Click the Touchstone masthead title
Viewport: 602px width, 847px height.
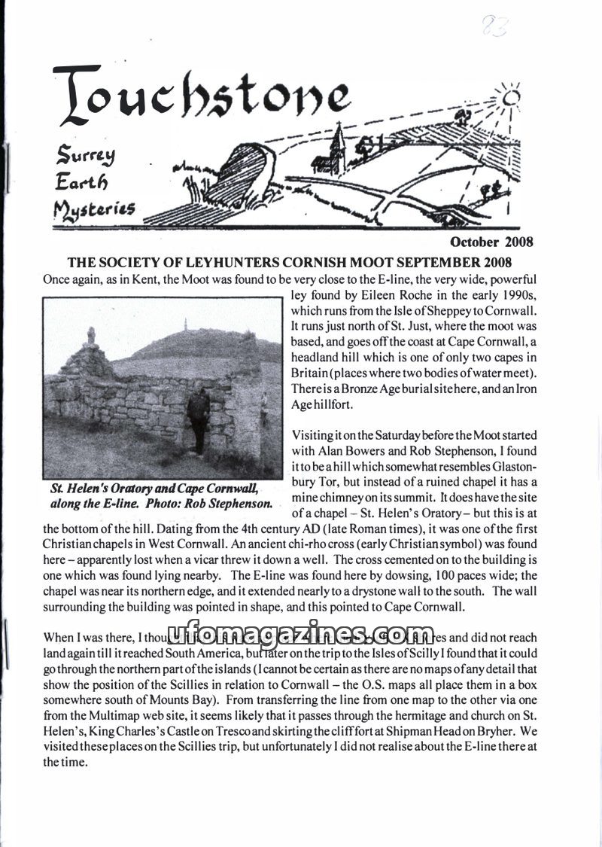199,98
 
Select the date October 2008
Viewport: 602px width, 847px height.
491,242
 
